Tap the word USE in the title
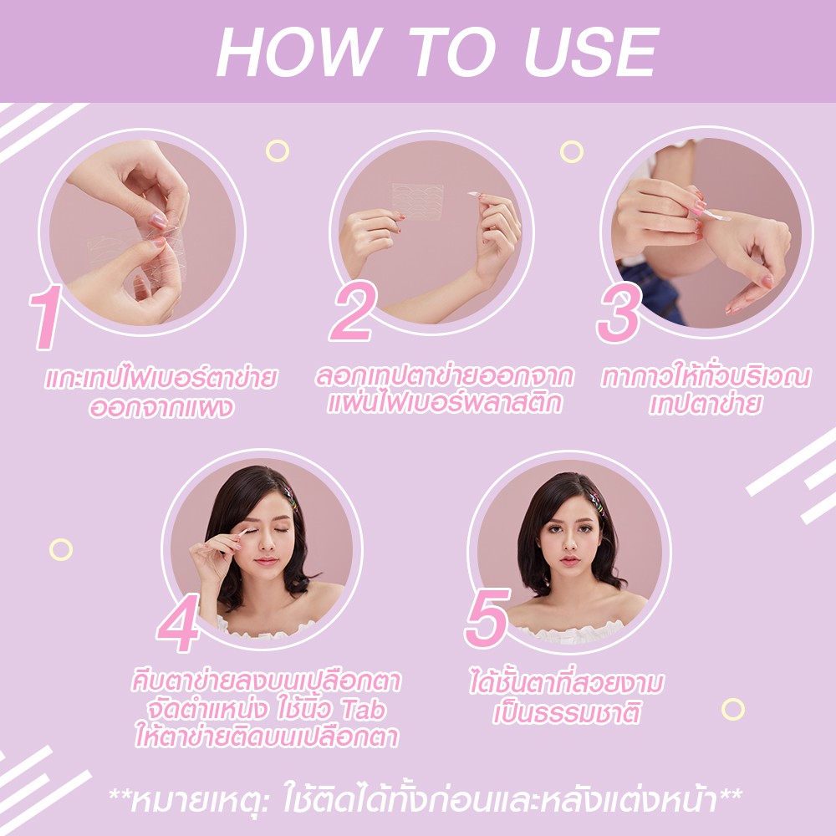click(x=592, y=52)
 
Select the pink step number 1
click(x=47, y=317)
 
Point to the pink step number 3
click(x=619, y=313)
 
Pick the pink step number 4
click(x=179, y=624)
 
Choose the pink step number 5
click(x=487, y=618)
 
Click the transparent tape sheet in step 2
click(x=417, y=201)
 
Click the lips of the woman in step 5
click(x=569, y=560)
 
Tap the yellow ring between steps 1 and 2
click(x=278, y=150)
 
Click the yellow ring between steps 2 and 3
click(x=572, y=152)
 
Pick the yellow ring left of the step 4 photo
click(x=61, y=550)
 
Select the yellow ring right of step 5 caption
click(x=733, y=710)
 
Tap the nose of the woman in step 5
click(x=569, y=544)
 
